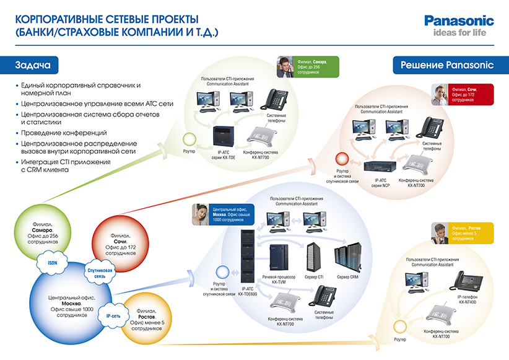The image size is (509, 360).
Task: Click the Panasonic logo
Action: tap(458, 20)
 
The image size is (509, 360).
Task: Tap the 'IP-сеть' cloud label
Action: tap(113, 306)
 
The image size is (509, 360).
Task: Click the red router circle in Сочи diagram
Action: tap(339, 159)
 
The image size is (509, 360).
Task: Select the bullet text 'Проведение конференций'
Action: tap(64, 133)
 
